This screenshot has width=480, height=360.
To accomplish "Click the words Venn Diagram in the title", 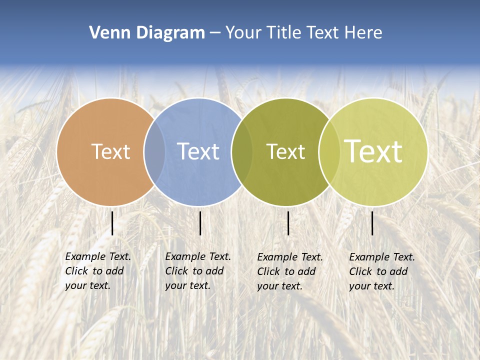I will coord(147,33).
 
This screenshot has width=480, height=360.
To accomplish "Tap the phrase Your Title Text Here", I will coord(303,33).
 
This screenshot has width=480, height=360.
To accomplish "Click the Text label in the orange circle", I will coord(110,151).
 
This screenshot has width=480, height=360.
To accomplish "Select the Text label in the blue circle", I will coord(198,151).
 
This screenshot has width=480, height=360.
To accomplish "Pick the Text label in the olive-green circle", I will coord(285,151).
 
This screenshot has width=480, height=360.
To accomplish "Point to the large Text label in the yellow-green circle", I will coord(373,151).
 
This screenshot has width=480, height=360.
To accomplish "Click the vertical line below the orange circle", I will coord(112,223).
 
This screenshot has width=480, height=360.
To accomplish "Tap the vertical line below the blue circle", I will coord(200,223).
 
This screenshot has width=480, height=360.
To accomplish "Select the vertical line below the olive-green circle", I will coord(288,223).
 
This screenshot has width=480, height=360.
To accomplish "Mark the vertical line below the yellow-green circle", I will coord(372,223).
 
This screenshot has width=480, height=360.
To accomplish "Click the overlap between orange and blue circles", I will coord(154,152).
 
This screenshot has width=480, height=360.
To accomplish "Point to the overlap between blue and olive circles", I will coord(242,152).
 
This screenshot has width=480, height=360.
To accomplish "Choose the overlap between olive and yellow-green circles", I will coord(328,152).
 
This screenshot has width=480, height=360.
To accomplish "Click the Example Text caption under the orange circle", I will coord(98,271).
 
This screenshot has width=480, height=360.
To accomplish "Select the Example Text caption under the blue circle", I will coord(198,271).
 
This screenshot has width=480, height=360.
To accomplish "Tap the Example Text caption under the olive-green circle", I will coord(290,271).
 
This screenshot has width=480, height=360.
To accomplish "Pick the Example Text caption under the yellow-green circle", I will coord(382,271).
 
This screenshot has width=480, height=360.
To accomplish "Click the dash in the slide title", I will coord(215,33).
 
